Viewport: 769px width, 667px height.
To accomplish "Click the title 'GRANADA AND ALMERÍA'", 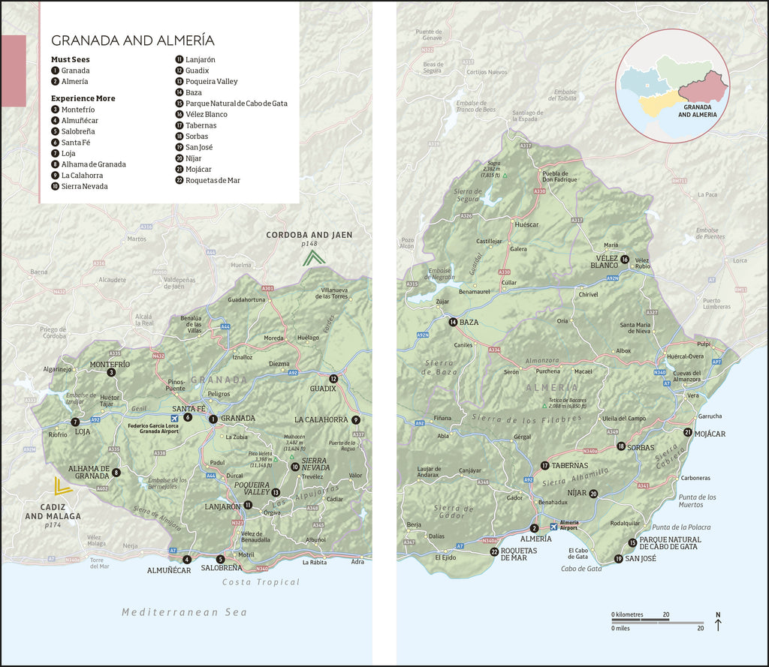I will [x=132, y=41].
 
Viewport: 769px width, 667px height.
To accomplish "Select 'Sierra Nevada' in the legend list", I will [x=84, y=186].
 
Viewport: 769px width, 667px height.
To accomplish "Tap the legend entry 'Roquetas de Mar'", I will [x=213, y=180].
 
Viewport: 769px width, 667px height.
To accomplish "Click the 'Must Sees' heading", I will [x=71, y=59].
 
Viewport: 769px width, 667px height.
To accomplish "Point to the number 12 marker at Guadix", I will [x=333, y=379].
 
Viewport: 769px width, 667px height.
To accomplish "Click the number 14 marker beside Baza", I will [x=453, y=322].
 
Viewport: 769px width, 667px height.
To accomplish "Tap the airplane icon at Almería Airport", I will [x=554, y=527].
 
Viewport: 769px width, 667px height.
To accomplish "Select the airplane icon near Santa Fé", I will [x=175, y=418].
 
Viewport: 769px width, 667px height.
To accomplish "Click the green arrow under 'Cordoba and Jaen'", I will [x=314, y=258].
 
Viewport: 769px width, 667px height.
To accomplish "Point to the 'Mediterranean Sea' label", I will [x=185, y=612].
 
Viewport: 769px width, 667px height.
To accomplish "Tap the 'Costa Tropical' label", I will [x=261, y=582].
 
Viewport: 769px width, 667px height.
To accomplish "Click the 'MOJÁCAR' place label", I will [x=710, y=433].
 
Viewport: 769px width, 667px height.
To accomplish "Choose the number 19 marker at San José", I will [x=618, y=558].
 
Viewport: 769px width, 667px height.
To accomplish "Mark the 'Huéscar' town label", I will [x=526, y=224].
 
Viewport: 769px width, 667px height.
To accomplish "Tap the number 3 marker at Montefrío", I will [x=111, y=372].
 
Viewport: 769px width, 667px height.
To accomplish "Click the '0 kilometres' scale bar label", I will [x=628, y=614].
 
